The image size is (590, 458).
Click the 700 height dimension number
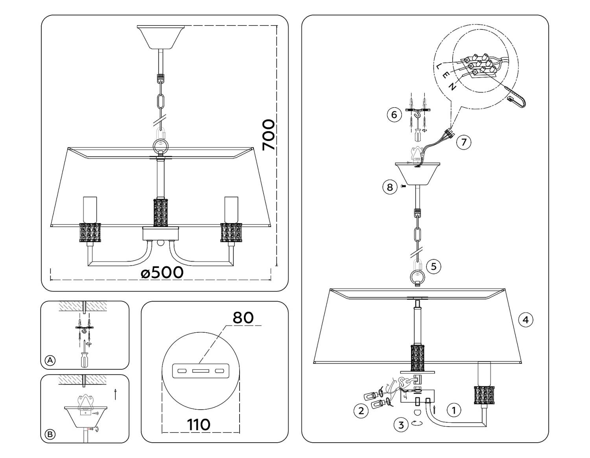269,135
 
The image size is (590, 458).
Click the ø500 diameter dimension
162,272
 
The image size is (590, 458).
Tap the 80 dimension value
243,317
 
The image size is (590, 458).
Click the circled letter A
50,360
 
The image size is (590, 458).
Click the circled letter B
50,434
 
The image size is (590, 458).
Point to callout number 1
454,410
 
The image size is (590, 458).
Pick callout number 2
361,411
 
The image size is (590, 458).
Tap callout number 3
401,425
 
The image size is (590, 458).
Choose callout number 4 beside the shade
525,320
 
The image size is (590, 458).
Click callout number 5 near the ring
433,267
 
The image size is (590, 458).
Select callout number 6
394,115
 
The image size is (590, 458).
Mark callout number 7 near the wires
464,142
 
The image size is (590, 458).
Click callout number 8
390,187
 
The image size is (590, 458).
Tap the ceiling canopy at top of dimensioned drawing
160,36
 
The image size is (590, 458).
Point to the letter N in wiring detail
453,87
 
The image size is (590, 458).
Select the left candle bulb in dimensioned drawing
90,209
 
